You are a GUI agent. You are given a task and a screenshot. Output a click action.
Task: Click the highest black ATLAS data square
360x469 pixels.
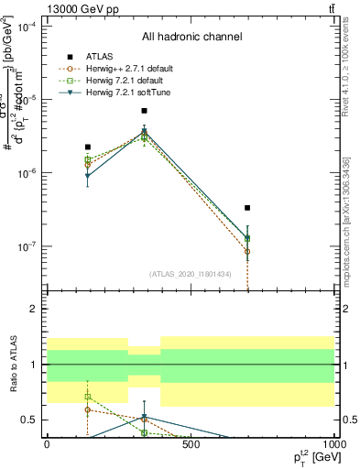tap(144, 111)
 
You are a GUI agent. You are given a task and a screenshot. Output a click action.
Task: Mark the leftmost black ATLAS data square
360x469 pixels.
tap(88, 147)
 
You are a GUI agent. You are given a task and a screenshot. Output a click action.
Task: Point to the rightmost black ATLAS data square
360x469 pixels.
tap(247, 208)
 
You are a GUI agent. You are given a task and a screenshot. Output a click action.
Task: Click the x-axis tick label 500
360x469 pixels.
tap(191, 445)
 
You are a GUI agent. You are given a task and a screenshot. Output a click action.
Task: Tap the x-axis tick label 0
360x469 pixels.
tap(48, 445)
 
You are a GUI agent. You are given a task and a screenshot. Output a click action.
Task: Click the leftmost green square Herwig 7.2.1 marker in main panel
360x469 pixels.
tap(88, 159)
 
